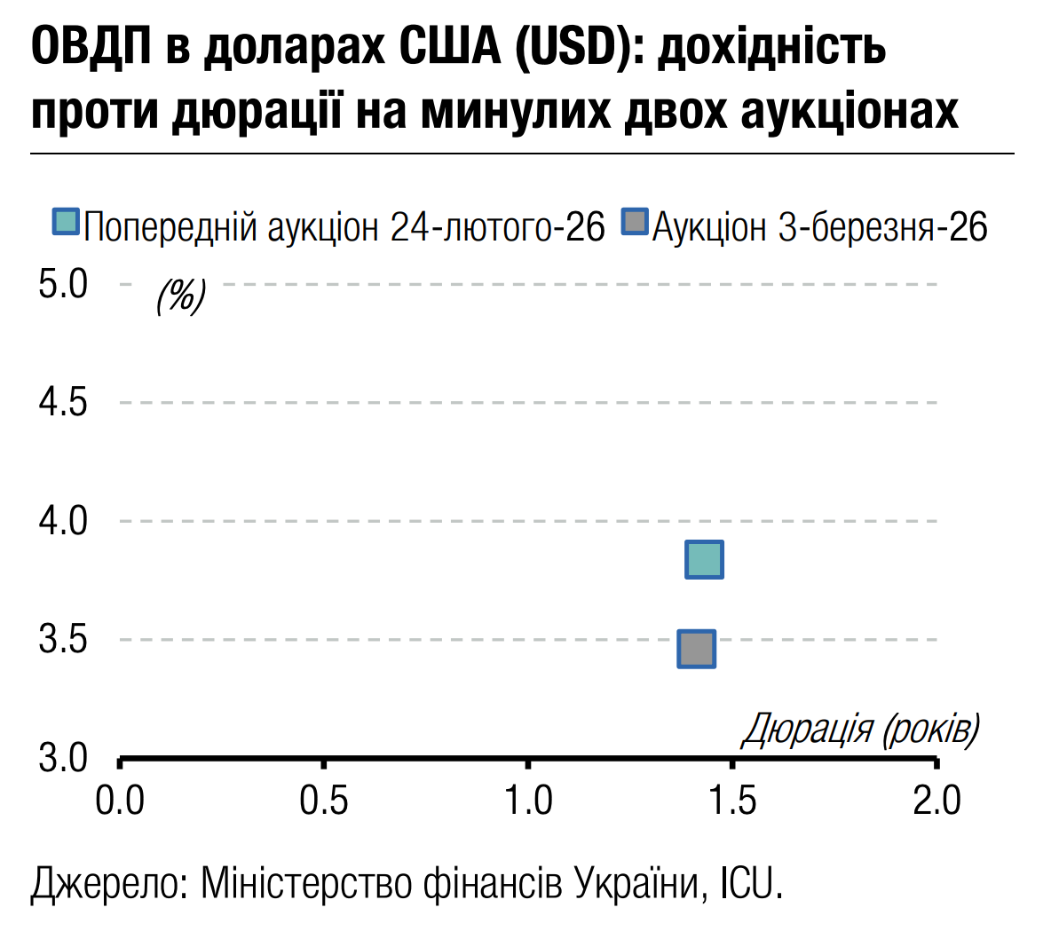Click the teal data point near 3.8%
(704, 559)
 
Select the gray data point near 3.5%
(696, 649)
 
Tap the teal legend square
(66, 221)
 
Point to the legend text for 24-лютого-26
(344, 227)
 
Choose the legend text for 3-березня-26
(819, 227)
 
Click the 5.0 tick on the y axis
(63, 284)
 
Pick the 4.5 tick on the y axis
(63, 402)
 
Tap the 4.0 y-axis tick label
(63, 520)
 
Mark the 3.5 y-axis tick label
(63, 639)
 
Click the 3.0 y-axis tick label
(63, 758)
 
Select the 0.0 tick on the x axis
(120, 800)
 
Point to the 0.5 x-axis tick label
(324, 800)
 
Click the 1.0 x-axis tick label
(528, 800)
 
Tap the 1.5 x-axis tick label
(733, 800)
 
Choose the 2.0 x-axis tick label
(937, 800)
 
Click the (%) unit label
(181, 295)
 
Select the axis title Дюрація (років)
(860, 730)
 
